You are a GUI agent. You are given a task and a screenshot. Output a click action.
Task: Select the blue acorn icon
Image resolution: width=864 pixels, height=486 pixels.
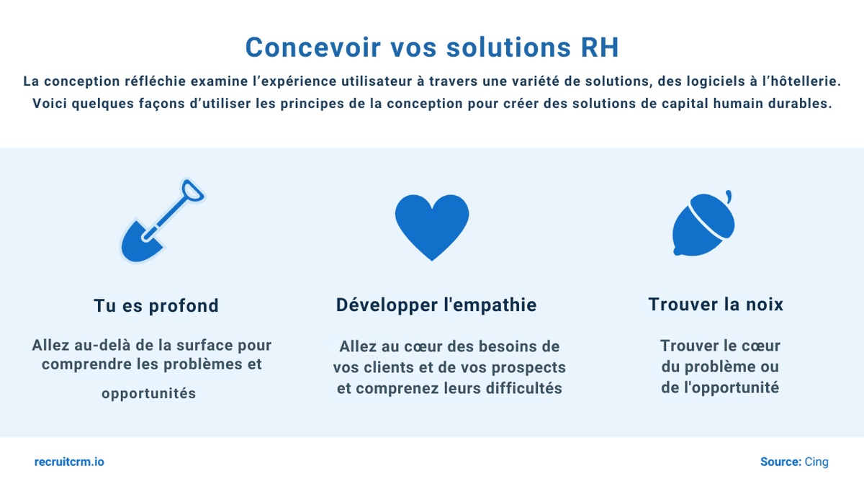[702, 227]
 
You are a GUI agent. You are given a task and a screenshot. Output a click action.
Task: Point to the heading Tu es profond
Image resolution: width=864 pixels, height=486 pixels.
[156, 305]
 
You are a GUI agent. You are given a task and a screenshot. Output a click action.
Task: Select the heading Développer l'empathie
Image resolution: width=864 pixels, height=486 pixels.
[436, 305]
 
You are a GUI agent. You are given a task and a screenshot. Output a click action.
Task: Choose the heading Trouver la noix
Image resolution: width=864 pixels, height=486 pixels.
[716, 304]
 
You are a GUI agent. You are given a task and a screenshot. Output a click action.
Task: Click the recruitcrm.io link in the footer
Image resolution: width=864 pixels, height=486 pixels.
[69, 462]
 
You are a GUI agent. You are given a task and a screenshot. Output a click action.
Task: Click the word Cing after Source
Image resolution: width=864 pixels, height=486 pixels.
[816, 462]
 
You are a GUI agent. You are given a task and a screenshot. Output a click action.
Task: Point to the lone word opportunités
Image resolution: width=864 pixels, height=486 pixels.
[148, 394]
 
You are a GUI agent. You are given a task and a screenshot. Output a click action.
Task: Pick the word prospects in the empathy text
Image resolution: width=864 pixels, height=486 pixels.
[528, 367]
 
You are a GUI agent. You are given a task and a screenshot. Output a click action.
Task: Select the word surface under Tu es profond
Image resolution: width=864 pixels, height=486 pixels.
[193, 345]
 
